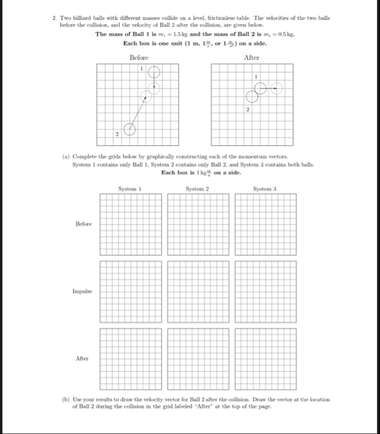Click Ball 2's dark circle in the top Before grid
point(128,129)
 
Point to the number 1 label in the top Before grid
point(142,69)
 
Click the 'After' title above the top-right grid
point(252,57)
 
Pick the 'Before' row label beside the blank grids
point(83,224)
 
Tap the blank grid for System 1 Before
point(130,223)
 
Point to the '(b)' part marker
point(66,399)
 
